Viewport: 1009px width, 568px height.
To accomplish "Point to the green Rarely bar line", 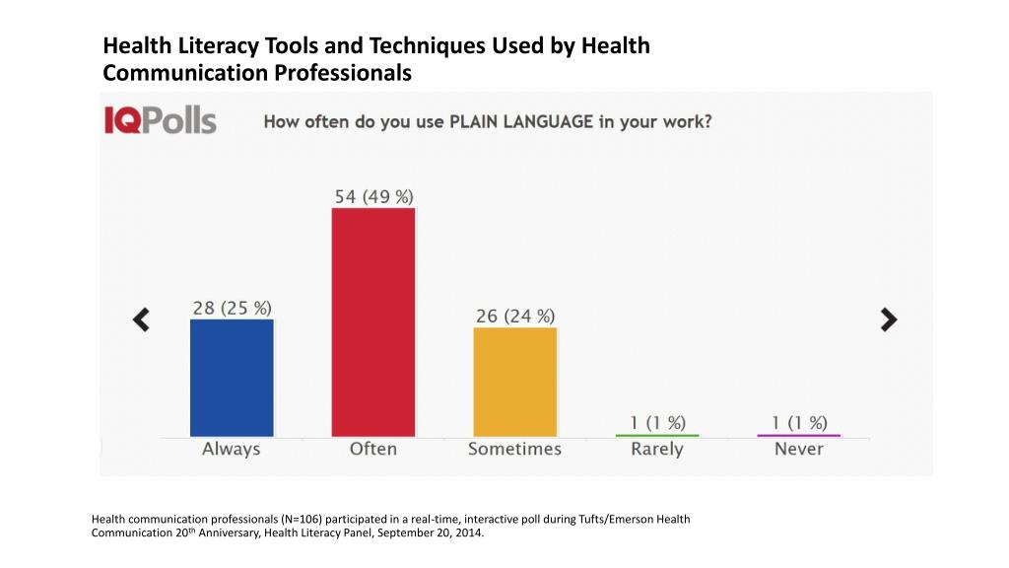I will (656, 435).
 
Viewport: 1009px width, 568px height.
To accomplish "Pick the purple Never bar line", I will (798, 435).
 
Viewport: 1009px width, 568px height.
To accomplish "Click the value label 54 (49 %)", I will (373, 196).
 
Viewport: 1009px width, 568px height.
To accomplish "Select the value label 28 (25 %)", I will (232, 308).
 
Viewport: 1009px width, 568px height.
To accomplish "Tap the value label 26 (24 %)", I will (514, 316).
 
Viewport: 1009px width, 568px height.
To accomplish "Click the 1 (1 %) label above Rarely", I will (657, 422).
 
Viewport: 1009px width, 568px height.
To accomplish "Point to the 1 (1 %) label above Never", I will (799, 422).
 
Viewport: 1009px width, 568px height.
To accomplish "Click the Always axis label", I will (232, 449).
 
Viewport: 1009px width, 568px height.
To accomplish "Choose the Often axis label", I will (373, 449).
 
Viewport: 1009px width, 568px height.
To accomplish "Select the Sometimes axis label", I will (514, 449).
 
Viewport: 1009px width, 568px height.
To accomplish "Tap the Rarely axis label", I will (656, 450).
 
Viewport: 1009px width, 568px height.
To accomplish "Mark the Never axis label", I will (798, 449).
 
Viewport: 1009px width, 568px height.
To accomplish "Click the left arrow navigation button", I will (142, 319).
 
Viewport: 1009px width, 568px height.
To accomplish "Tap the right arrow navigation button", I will (889, 319).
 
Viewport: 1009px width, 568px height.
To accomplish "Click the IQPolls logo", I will (161, 121).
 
